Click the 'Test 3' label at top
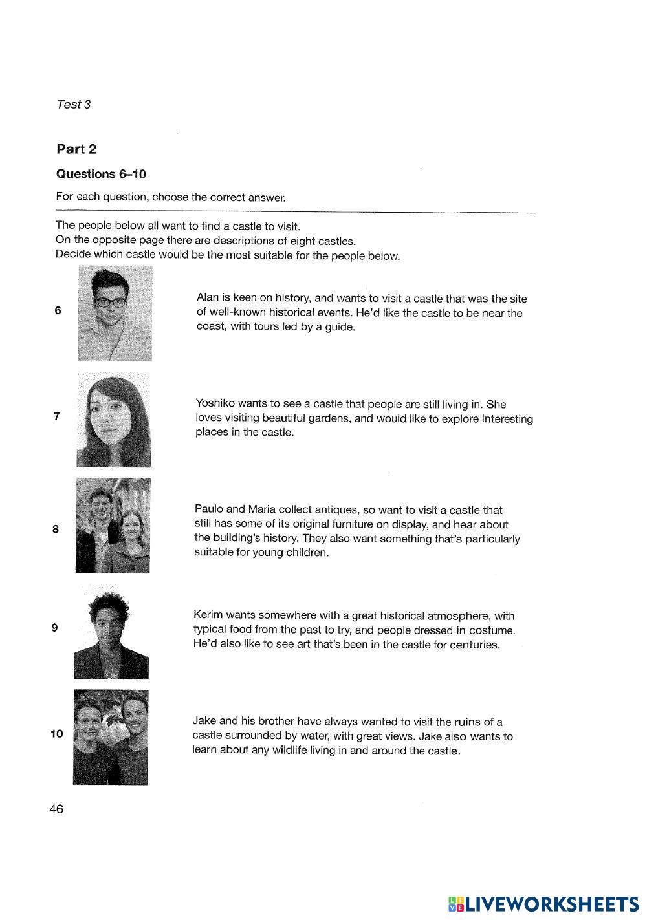(x=74, y=104)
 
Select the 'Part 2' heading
(x=76, y=149)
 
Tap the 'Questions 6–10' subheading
(x=101, y=174)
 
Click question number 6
(x=58, y=310)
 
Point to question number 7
(x=57, y=416)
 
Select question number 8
(x=56, y=529)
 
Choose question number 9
(x=54, y=627)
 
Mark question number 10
(x=56, y=734)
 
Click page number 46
(x=56, y=809)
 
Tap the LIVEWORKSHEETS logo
(x=543, y=903)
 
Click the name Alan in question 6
(x=208, y=298)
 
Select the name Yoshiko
(x=215, y=404)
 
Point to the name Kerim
(x=208, y=615)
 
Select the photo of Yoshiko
(x=114, y=419)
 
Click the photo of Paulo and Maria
(x=113, y=526)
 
